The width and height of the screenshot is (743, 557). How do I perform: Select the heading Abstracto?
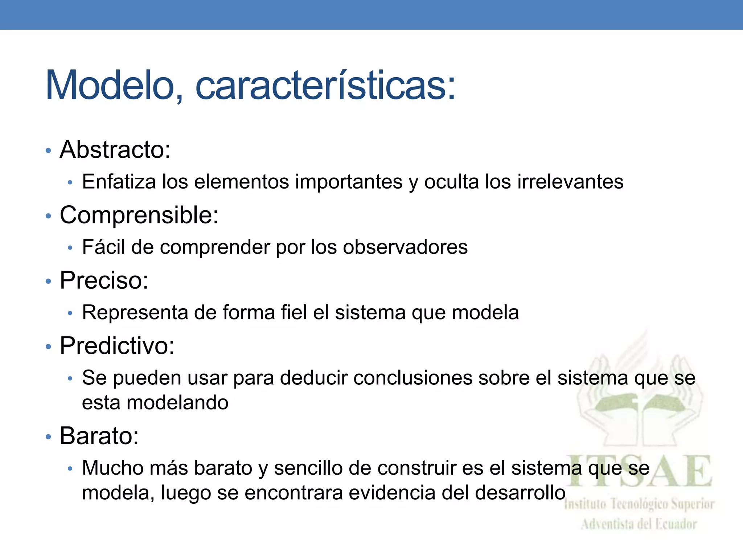pyautogui.click(x=115, y=149)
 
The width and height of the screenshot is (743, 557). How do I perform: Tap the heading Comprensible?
pyautogui.click(x=139, y=215)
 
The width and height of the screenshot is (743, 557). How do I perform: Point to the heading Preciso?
pyautogui.click(x=104, y=280)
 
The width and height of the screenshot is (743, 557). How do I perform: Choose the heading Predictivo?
pyautogui.click(x=117, y=346)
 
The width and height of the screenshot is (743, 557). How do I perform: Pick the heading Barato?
pyautogui.click(x=99, y=436)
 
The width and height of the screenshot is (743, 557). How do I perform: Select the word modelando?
pyautogui.click(x=177, y=403)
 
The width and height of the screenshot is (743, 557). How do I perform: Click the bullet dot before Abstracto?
pyautogui.click(x=48, y=150)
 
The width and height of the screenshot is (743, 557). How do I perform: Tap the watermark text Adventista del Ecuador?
pyautogui.click(x=639, y=524)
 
